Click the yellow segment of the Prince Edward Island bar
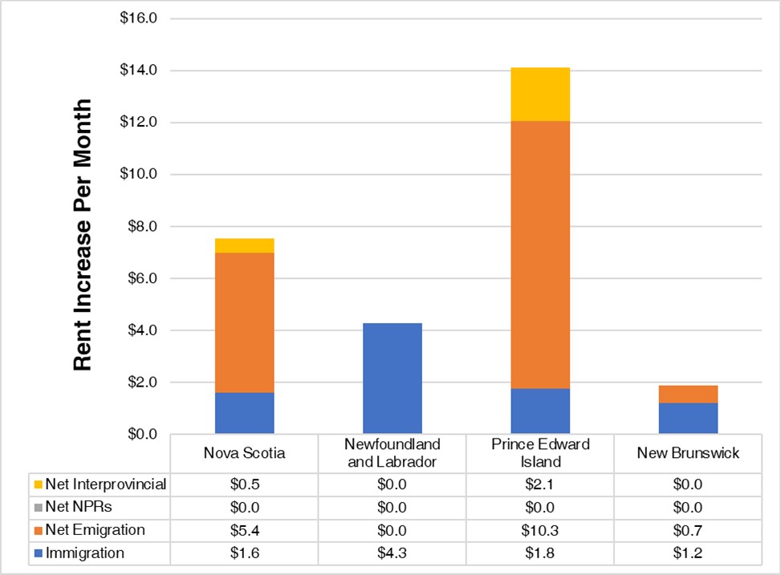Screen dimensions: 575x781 (540, 94)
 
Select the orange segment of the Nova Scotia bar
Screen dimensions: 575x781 (244, 322)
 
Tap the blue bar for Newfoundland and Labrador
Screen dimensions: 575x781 (392, 378)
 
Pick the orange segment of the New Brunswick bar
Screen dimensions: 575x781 (688, 394)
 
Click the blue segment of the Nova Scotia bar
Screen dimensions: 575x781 (244, 413)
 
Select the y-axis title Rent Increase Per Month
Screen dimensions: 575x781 (83, 234)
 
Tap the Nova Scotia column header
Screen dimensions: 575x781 (244, 453)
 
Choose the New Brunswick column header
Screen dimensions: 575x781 (688, 453)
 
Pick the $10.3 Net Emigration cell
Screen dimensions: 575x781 (540, 530)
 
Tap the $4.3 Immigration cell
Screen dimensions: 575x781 (392, 553)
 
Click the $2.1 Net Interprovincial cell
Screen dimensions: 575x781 (540, 484)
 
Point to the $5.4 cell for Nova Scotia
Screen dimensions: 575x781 (244, 530)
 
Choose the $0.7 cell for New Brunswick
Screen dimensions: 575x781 (688, 530)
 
